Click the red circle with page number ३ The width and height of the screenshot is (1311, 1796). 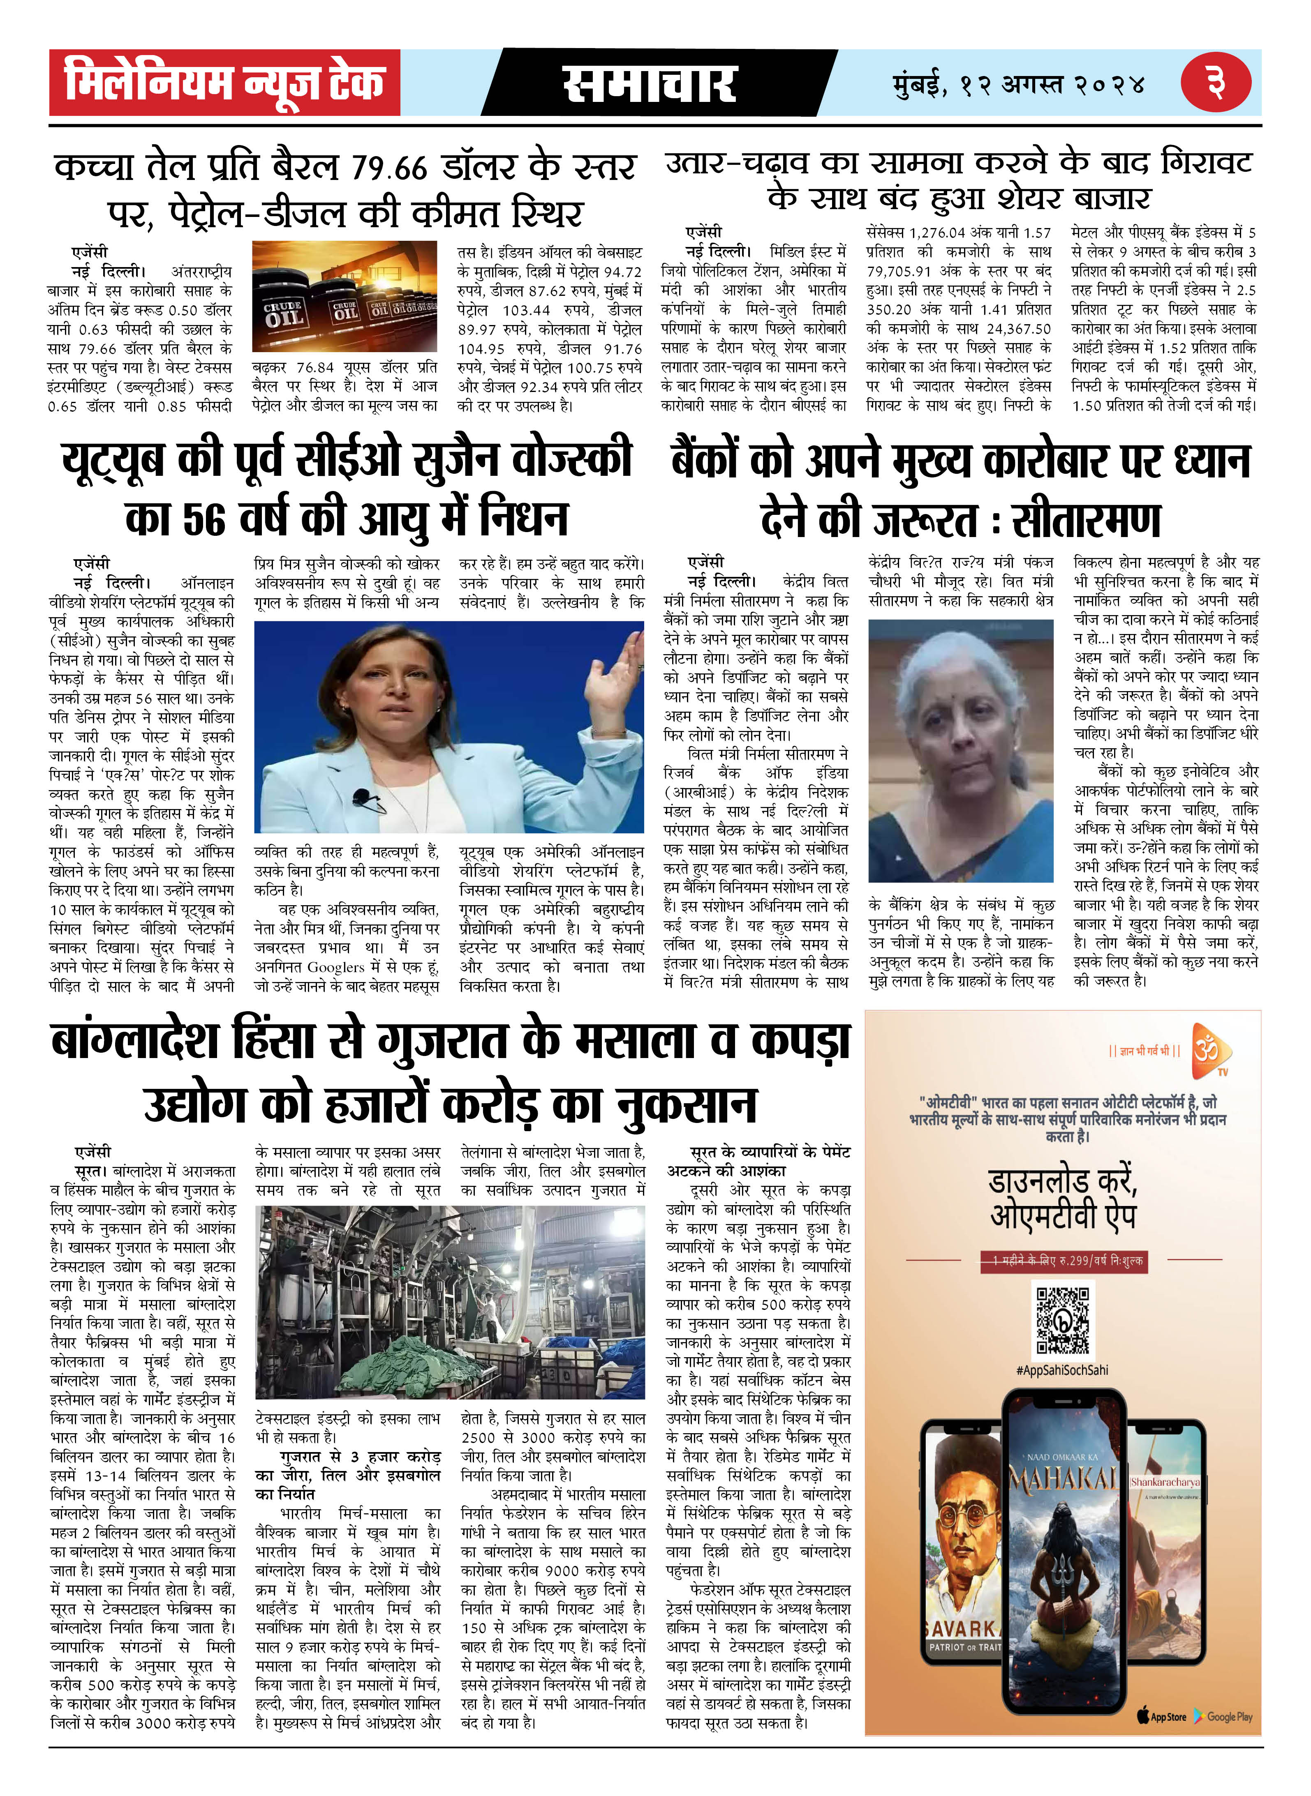(x=1216, y=83)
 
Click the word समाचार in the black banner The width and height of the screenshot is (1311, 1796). (x=649, y=84)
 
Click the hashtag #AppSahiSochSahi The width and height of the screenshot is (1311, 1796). (x=1062, y=1370)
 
